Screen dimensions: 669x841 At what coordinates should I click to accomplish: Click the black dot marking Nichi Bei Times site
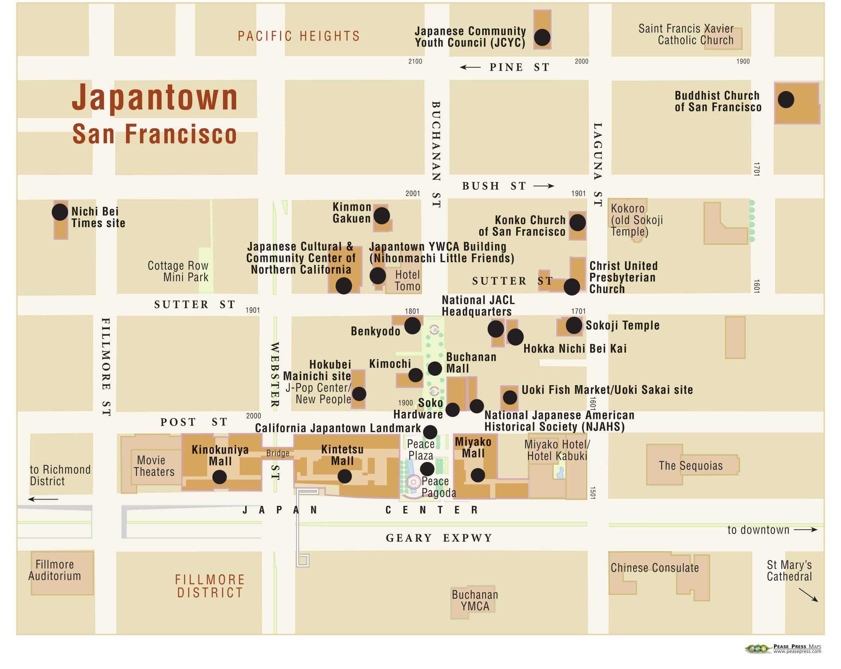click(x=60, y=212)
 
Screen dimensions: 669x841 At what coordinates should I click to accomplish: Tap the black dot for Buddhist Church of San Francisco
click(x=786, y=100)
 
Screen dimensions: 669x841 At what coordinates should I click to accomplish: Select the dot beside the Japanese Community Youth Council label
click(x=542, y=37)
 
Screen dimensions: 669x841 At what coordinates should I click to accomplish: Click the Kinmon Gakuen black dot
click(x=382, y=215)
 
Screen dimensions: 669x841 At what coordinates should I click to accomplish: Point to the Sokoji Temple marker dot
click(x=574, y=325)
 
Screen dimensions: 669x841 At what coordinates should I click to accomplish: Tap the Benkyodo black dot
click(x=412, y=325)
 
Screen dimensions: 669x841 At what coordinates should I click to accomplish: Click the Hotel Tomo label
click(x=407, y=280)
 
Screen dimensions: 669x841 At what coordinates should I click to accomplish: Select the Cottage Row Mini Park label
click(x=178, y=271)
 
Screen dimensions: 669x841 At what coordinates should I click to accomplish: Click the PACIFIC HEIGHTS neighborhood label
click(x=299, y=36)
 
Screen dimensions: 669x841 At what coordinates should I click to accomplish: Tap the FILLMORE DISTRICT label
click(x=210, y=586)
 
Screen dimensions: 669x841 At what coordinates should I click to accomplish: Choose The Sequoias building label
click(x=690, y=466)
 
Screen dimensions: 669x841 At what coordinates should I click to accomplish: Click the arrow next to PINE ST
click(x=470, y=67)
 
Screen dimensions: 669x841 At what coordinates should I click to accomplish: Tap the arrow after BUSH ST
click(x=544, y=186)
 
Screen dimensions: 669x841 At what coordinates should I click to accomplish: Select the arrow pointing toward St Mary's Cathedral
click(x=808, y=595)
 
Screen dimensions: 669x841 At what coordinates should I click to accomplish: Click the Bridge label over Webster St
click(x=278, y=453)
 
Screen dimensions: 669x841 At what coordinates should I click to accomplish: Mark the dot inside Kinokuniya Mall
click(x=219, y=477)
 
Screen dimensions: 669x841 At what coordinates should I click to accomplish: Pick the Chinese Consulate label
click(x=654, y=568)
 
